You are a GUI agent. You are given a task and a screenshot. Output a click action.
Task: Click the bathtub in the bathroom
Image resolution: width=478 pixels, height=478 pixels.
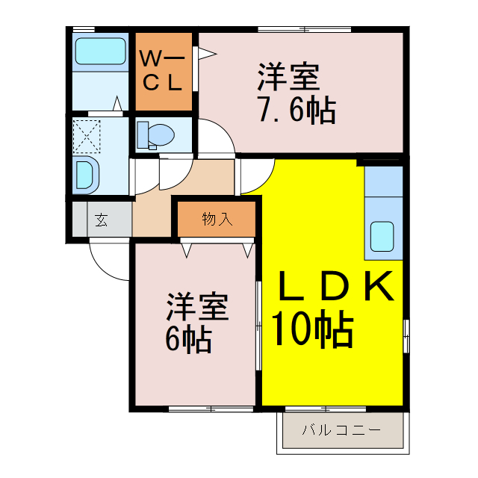click(100, 52)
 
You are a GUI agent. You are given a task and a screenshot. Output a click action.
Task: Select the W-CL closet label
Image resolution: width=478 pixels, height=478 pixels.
click(163, 70)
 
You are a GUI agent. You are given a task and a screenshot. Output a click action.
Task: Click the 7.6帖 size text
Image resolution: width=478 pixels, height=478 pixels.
click(297, 111)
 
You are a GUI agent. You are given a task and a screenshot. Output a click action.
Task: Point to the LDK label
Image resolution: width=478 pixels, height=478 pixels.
click(335, 287)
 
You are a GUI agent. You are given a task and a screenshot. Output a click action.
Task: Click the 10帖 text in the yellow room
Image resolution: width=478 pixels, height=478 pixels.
click(311, 329)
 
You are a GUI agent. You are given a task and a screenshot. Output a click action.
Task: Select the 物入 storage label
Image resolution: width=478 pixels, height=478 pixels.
click(217, 219)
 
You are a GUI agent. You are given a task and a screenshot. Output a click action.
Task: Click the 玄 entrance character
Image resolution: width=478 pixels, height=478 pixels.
click(100, 220)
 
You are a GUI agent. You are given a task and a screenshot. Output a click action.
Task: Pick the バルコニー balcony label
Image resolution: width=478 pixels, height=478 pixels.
click(341, 431)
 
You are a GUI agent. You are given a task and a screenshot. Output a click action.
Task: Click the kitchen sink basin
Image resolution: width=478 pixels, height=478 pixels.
click(383, 236)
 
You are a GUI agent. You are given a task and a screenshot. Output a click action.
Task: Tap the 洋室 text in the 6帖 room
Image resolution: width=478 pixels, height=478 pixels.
click(197, 308)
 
